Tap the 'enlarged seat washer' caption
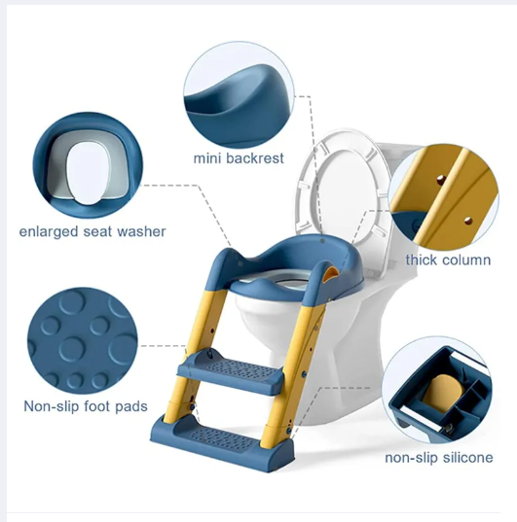tap(92, 231)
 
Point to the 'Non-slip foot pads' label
tap(86, 404)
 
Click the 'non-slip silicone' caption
tap(438, 457)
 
